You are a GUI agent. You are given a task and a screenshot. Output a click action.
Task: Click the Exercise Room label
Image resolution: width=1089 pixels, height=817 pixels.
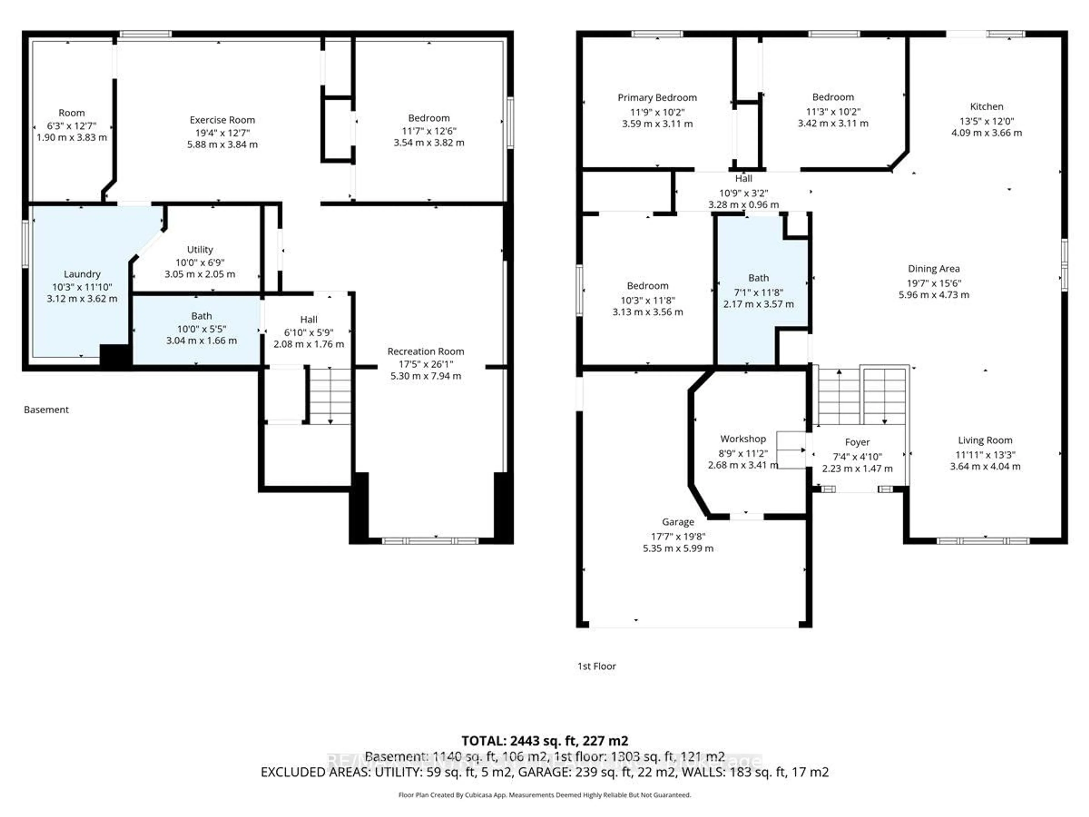point(222,120)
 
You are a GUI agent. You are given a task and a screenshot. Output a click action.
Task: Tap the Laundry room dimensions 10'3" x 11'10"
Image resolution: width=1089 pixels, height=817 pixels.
point(82,287)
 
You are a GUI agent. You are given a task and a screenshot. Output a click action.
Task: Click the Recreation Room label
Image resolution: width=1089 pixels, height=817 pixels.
point(425,351)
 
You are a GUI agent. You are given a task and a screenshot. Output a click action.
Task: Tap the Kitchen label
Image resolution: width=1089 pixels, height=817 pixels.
point(986,106)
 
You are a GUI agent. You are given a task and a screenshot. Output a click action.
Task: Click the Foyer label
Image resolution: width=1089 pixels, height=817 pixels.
point(857,442)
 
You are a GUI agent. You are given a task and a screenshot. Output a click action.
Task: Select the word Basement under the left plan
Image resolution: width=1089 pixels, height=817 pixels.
point(46,410)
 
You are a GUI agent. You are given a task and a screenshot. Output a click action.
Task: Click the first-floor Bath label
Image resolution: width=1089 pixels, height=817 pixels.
point(758,278)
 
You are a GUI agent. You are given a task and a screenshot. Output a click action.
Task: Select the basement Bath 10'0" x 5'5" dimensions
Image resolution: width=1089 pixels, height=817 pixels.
point(201,329)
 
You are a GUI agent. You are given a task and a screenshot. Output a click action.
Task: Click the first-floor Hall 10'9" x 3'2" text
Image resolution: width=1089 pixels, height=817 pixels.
point(743,193)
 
